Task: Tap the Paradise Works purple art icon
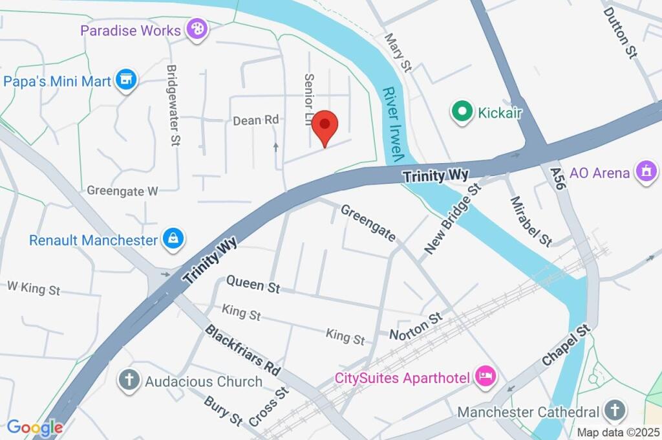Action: point(195,29)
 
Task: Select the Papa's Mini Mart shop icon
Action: point(127,81)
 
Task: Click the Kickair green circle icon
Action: point(462,112)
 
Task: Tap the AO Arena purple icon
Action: point(645,172)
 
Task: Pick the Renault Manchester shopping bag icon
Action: point(173,239)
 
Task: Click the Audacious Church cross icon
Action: point(129,380)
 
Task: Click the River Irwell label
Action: point(392,124)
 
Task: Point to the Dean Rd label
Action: point(255,120)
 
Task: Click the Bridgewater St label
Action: point(173,105)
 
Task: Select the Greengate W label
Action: point(122,191)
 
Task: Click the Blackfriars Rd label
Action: point(242,350)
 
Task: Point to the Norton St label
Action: point(416,326)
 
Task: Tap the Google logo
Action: point(35,427)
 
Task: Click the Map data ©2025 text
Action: point(617,432)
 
